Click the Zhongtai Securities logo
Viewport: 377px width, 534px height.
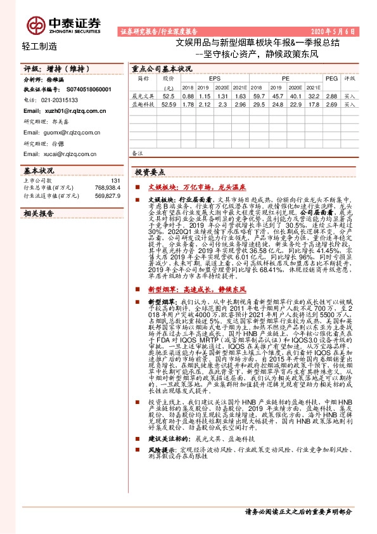pyautogui.click(x=64, y=24)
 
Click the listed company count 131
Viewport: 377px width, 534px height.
pyautogui.click(x=115, y=181)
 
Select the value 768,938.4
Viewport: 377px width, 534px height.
pyautogui.click(x=106, y=188)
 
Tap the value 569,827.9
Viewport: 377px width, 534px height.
pyautogui.click(x=106, y=196)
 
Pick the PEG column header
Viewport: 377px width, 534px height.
pyautogui.click(x=331, y=78)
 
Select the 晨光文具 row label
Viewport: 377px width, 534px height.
pyautogui.click(x=143, y=95)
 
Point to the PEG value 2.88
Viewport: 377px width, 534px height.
pyautogui.click(x=331, y=95)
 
